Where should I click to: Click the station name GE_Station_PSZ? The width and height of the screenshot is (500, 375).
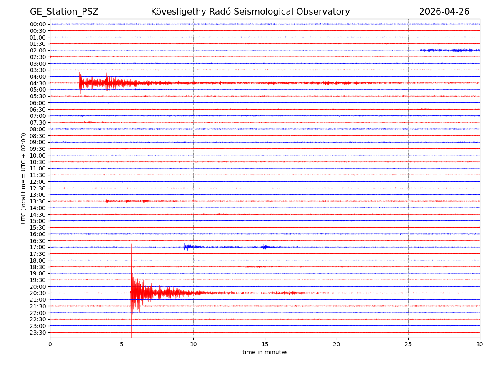click(x=64, y=12)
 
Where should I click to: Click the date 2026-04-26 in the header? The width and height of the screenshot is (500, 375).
click(x=444, y=12)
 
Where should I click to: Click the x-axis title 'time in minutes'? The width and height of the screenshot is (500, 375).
click(x=265, y=352)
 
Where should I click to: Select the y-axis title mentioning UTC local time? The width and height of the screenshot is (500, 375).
click(x=24, y=178)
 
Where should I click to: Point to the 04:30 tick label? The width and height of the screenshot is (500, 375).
click(x=38, y=83)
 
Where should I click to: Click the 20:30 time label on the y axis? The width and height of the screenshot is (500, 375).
click(x=38, y=293)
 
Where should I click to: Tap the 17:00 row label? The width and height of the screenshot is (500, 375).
click(x=38, y=247)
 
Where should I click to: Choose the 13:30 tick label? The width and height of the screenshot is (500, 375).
click(x=38, y=201)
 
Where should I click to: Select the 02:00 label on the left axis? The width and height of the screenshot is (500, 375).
click(x=38, y=50)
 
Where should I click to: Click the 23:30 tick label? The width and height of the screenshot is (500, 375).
click(x=38, y=332)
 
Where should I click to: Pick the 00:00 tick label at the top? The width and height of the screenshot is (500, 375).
click(x=38, y=24)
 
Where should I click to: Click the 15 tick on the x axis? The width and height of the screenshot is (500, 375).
click(x=265, y=344)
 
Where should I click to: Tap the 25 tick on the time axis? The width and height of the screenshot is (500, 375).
click(x=408, y=344)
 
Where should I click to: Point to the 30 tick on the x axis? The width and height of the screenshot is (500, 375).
click(x=480, y=344)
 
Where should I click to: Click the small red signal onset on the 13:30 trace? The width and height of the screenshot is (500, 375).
click(x=106, y=201)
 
